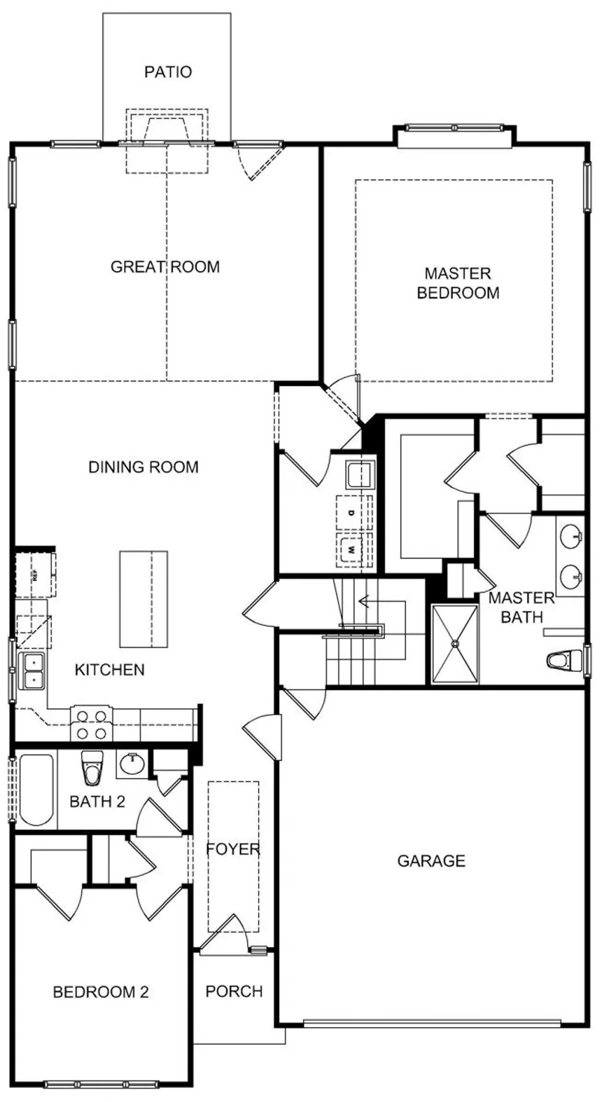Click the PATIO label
click(168, 71)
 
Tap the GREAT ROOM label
click(165, 267)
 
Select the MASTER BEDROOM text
click(458, 283)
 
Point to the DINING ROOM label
click(143, 467)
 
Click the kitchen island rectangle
click(143, 599)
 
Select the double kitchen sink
click(32, 670)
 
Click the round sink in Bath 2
click(131, 764)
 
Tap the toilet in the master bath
click(563, 660)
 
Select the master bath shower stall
click(455, 643)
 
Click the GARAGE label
click(431, 861)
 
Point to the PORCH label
click(234, 991)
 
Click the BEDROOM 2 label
click(101, 992)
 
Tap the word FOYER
click(233, 849)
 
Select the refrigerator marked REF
click(34, 575)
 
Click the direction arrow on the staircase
click(364, 601)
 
